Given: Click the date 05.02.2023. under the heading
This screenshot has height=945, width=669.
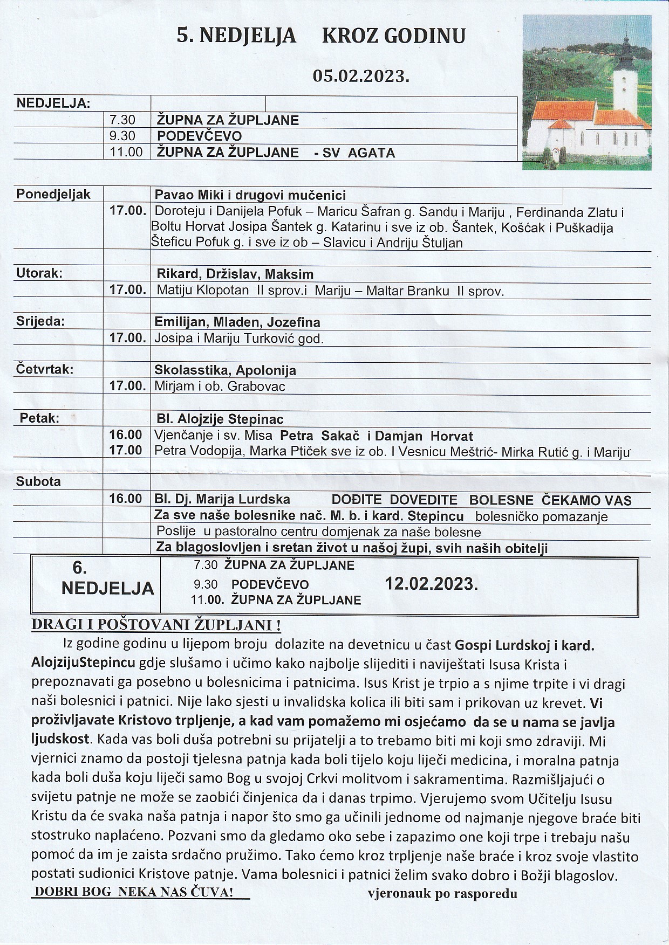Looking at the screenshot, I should tap(361, 76).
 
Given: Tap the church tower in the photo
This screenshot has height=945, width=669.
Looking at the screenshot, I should tap(624, 75).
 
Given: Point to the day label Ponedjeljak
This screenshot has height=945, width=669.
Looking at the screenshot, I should tap(53, 194).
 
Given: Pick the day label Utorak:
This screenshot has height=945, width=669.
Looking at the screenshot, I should tap(39, 273).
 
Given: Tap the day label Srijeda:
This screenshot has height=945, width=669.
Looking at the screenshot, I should tap(40, 322).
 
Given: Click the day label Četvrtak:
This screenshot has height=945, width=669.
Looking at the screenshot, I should tap(45, 370).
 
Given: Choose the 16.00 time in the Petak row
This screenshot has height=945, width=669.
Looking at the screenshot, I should tap(126, 435).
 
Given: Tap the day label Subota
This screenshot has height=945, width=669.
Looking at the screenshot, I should tap(38, 481).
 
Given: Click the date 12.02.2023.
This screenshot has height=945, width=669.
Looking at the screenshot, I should tap(431, 584).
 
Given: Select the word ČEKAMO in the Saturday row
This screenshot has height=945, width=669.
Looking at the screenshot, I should tap(568, 500).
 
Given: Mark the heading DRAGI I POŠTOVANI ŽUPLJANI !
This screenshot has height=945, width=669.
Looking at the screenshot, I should tap(156, 625).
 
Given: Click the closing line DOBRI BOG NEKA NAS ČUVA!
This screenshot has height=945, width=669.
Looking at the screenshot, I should tap(133, 892).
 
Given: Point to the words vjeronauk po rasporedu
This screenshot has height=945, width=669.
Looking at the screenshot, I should tap(442, 894).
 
